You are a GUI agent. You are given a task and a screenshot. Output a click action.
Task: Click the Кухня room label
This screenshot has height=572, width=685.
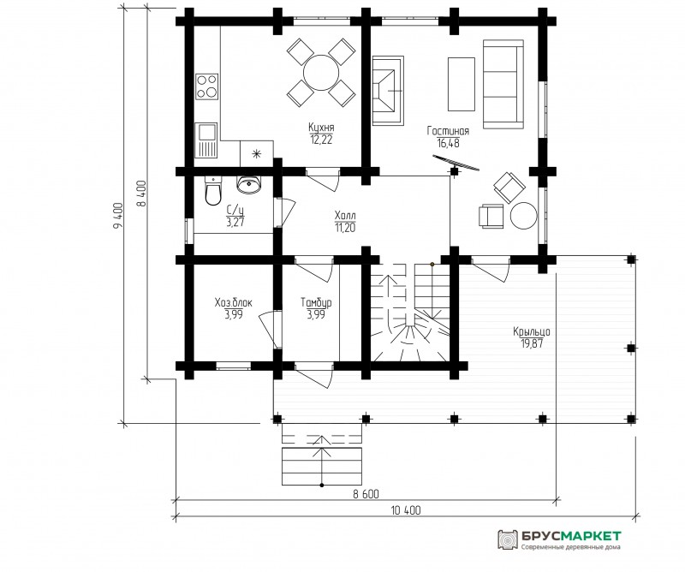321,128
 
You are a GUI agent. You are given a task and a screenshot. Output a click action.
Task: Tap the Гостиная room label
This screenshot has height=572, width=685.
448,131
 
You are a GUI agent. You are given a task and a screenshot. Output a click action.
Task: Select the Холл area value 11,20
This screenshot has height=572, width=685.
345,228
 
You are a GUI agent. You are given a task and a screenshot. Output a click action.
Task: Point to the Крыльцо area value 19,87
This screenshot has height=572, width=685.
532,343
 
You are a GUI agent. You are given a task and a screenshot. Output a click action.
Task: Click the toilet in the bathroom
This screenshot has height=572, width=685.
212,192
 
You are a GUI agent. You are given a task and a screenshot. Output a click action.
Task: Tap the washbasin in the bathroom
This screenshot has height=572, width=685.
249,184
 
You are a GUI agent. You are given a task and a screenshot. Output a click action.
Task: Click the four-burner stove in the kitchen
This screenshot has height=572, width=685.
206,86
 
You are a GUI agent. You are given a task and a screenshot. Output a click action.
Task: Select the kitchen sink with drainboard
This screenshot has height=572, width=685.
205,140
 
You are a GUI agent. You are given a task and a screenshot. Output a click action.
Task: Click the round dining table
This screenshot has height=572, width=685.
321,73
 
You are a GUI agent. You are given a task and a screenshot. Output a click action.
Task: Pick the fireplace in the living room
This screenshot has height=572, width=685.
388,91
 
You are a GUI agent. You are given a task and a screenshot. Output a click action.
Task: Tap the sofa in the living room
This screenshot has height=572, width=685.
503,84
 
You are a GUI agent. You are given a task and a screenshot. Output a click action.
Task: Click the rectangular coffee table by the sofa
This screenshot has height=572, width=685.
462,84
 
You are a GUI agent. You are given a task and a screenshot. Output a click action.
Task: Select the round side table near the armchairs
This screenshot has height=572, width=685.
524,216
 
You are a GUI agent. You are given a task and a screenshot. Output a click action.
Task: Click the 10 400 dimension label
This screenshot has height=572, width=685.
406,510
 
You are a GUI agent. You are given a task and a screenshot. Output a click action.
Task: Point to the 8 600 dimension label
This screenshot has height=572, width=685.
366,494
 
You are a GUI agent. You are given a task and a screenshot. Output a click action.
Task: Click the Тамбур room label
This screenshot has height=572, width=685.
316,302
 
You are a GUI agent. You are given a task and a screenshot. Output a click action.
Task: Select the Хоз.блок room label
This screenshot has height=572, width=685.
233,302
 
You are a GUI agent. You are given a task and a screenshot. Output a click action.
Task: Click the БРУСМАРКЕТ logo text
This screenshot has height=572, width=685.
571,536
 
